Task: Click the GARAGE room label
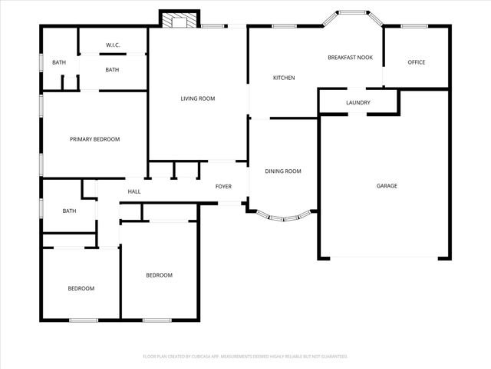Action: coord(387,185)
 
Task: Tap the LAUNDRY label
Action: coord(358,102)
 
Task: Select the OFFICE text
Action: coord(417,62)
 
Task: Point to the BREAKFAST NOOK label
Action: coord(351,58)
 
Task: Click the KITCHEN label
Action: coord(285,78)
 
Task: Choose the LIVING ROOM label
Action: coord(197,98)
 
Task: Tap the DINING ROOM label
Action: coord(283,171)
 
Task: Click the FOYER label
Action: coord(223,186)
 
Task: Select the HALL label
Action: coord(134,191)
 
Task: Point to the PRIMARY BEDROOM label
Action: coord(94,139)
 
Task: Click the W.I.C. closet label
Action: coord(113,44)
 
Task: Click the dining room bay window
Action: coord(284,218)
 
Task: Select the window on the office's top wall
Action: coord(414,26)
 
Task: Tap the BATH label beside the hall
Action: coord(69,211)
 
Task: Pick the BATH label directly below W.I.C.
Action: coord(112,70)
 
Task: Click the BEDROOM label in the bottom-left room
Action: coord(81,288)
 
